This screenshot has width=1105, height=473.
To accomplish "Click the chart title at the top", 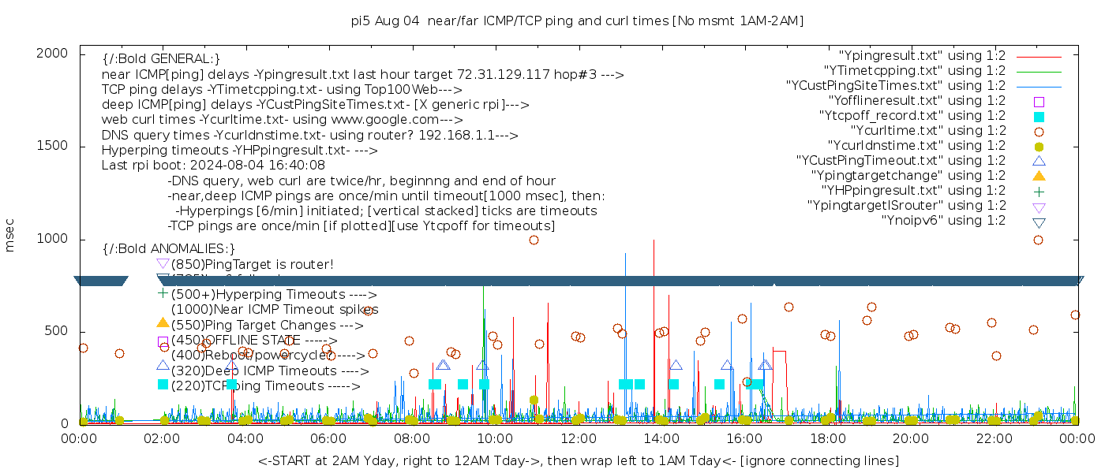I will point(577,21).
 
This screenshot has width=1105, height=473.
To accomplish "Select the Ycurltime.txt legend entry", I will point(927,130).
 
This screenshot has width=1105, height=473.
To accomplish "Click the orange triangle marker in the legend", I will point(1039,176).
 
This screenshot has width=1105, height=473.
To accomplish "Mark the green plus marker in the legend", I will point(1039,191).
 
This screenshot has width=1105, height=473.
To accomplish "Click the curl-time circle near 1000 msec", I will point(534,240).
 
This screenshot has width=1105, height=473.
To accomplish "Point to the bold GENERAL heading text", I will point(161,59).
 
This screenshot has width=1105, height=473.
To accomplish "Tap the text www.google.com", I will point(391,120).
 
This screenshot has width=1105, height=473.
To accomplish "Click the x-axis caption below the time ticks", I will point(578,460).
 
